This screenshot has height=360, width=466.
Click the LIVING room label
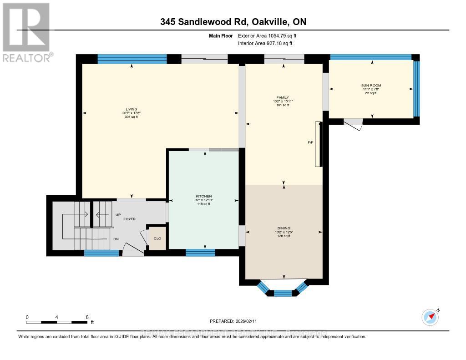coord(132,109)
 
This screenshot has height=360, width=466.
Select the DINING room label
coord(284,228)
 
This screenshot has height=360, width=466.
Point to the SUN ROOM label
coord(372,86)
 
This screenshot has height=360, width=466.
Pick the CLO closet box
coord(157,238)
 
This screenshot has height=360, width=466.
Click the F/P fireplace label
coord(310,143)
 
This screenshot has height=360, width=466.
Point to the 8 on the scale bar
coord(87,317)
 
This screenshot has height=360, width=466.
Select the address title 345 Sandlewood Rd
coord(233,22)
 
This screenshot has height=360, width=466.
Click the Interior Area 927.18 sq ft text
coord(265,43)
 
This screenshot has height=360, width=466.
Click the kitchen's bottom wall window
coord(200,253)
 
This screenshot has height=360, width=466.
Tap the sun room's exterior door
coord(353,123)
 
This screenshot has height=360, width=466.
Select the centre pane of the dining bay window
coord(282,293)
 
